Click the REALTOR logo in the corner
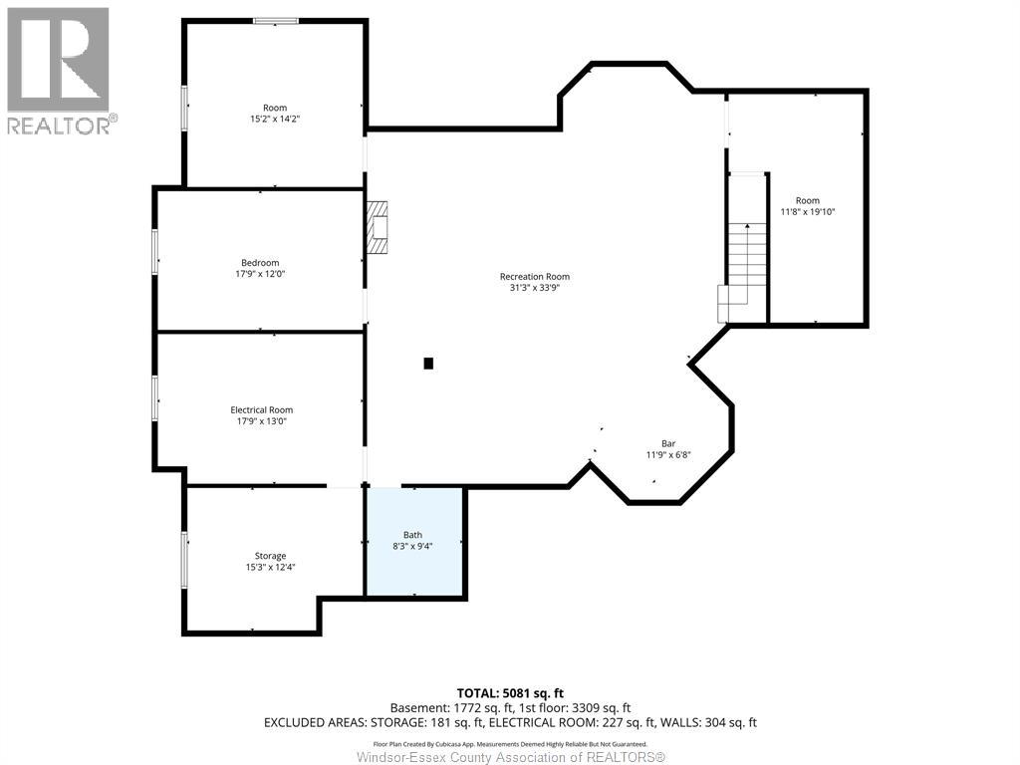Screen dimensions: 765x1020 click(59, 71)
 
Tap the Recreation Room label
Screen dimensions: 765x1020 click(535, 277)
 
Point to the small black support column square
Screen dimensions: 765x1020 click(428, 364)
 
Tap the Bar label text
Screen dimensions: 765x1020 click(668, 443)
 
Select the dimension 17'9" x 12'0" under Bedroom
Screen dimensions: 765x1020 click(260, 274)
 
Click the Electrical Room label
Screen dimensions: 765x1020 click(261, 409)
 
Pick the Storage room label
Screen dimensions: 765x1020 click(270, 556)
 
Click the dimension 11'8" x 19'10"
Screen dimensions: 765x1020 click(808, 212)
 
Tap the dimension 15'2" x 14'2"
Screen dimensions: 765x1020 click(274, 120)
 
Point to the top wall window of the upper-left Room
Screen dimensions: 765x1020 click(276, 21)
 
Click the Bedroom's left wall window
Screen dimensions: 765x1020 click(154, 251)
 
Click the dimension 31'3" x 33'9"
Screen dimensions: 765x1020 click(535, 289)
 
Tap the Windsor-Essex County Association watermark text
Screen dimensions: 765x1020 click(509, 757)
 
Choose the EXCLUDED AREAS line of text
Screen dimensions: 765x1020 click(509, 722)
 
